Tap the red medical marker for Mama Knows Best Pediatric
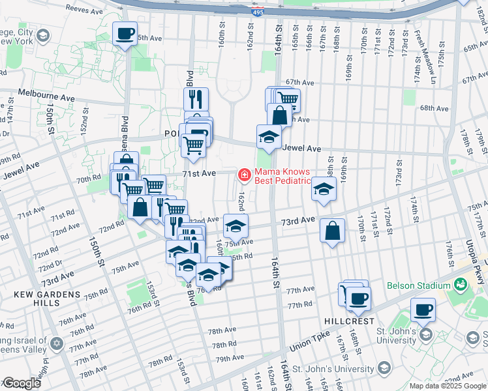coord(244,175)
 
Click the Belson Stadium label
coord(418,285)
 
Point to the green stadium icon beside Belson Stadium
coord(461,285)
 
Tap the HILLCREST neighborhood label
coord(349,322)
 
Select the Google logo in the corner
coord(21,383)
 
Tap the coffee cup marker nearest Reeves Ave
coord(125,33)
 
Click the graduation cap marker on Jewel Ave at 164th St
coord(269,137)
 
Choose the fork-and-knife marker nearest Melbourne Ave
coord(196,99)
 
